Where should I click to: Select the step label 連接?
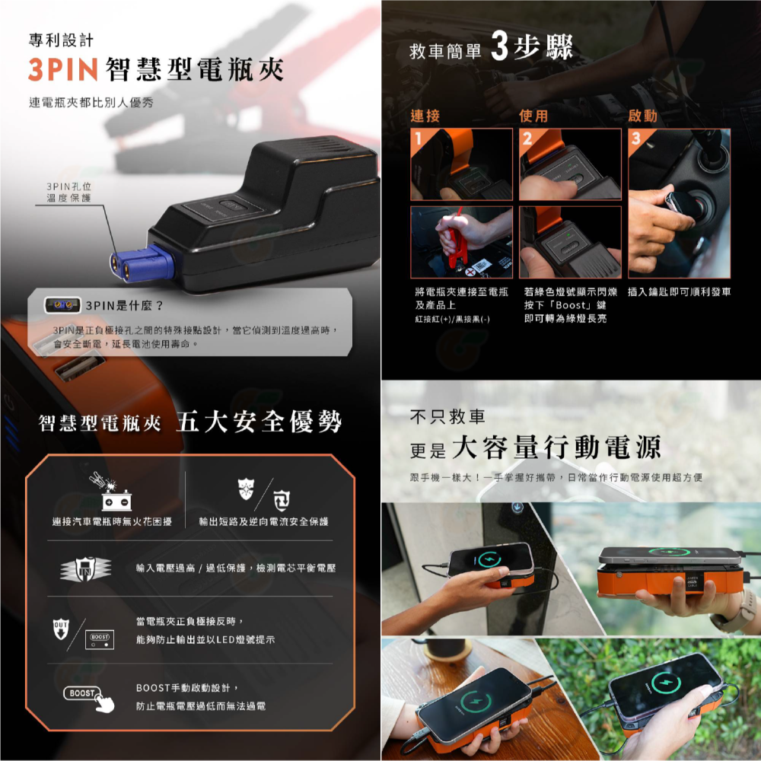[425, 116]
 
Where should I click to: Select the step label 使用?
[533, 116]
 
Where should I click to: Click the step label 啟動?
[642, 116]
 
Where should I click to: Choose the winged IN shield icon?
[84, 568]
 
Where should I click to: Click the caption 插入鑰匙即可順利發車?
[680, 292]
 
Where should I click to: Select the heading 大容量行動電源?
[556, 447]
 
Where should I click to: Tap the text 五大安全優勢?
[259, 423]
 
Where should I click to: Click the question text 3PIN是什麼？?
[126, 306]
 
